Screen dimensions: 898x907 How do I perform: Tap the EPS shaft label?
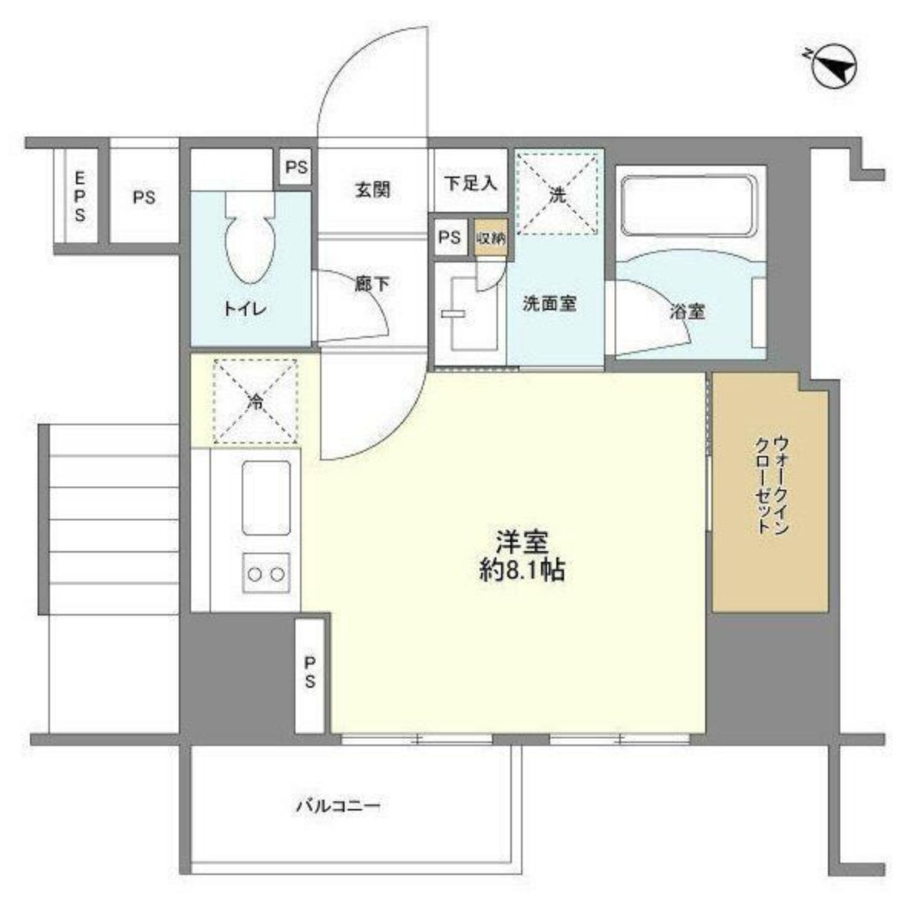pos(79,196)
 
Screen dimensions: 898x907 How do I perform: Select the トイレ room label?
pos(245,309)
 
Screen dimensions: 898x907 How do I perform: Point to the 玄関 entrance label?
pos(372,190)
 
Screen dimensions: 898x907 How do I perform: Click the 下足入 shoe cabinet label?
pos(470,183)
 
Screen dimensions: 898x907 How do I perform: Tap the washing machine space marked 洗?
pos(558,193)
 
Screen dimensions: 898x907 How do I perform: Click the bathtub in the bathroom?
pos(688,206)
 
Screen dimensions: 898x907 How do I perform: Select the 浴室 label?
pos(687,312)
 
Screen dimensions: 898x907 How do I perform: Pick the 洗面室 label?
pos(549,304)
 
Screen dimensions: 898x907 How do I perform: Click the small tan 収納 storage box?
pos(490,237)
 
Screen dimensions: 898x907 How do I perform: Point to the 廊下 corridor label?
pos(371,285)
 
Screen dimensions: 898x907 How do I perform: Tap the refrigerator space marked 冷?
pos(255,401)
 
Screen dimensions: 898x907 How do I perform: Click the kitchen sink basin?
pos(266,497)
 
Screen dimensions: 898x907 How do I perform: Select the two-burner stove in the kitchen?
pos(266,573)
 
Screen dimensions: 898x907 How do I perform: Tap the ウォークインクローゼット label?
pos(772,485)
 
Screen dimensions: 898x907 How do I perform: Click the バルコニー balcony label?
pos(338,807)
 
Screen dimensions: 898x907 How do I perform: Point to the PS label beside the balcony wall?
pos(309,672)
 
